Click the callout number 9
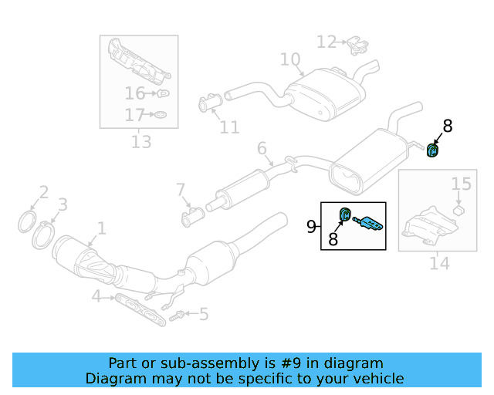pos(312,227)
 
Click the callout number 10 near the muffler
pos(289,59)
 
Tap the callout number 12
pos(327,42)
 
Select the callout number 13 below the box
pos(141,142)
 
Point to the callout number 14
pos(439,264)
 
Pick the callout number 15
pos(461,184)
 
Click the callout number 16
pos(135,94)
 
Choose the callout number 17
pos(135,116)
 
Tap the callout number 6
pos(262,148)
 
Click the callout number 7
pos(181,189)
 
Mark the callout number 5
pos(204,314)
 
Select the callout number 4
pos(96,296)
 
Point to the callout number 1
pos(100,228)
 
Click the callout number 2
pos(44,192)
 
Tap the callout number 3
pos(63,204)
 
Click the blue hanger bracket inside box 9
pos(368,225)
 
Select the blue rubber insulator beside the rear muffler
pos(433,150)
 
